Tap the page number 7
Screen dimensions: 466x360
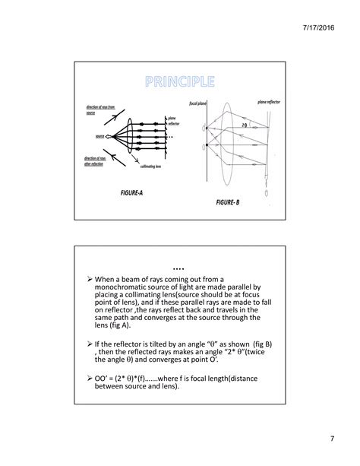[332, 439]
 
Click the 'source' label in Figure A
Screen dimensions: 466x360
[99, 136]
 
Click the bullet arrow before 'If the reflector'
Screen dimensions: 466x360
[89, 344]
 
